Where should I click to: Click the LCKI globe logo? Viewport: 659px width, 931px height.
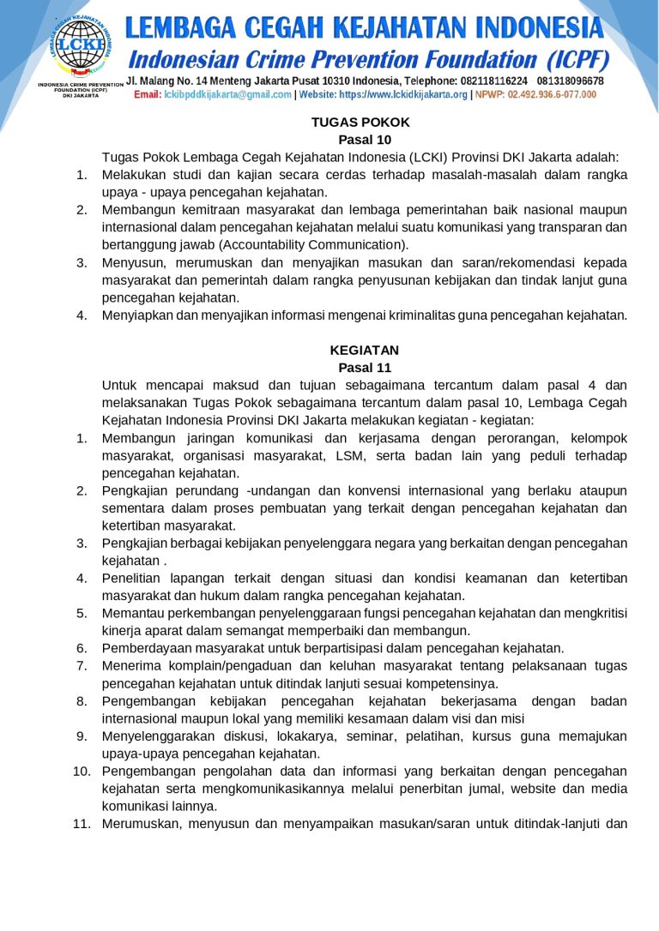80,44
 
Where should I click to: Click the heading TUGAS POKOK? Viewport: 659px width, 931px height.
360,122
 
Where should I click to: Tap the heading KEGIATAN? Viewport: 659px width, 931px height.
365,350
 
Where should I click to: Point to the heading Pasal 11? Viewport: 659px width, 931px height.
365,368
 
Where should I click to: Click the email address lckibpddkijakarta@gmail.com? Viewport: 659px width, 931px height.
227,94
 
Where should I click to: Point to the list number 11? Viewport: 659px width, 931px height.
82,824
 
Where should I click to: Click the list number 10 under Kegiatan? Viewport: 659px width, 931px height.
82,771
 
